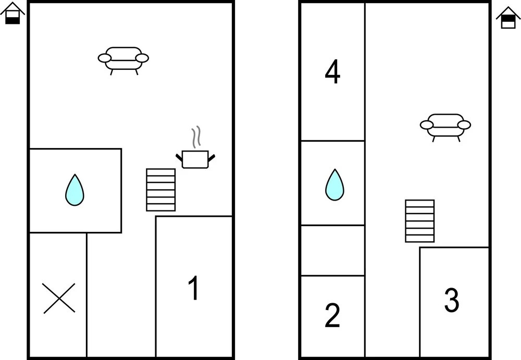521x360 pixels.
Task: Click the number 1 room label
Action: [x=193, y=288]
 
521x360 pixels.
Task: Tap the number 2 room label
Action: [x=332, y=315]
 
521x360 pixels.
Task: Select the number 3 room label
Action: [x=451, y=300]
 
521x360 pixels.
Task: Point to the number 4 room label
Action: [x=332, y=72]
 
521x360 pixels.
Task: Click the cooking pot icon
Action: [x=195, y=159]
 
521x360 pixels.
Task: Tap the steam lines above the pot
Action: [x=196, y=137]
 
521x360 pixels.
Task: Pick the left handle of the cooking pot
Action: [x=179, y=156]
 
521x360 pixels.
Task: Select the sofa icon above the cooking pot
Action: [x=123, y=58]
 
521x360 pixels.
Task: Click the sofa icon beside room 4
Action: [x=445, y=125]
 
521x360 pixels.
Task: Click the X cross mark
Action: [x=59, y=298]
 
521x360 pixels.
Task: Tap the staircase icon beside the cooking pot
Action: [x=160, y=190]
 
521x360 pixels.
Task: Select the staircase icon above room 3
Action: [x=420, y=221]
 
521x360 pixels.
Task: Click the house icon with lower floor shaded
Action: [x=13, y=14]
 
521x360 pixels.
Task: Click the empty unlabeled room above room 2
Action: [x=332, y=250]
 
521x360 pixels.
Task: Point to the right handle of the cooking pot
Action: [x=212, y=156]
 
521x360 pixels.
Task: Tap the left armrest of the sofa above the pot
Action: [x=104, y=58]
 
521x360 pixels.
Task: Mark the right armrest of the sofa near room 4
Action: [x=464, y=125]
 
